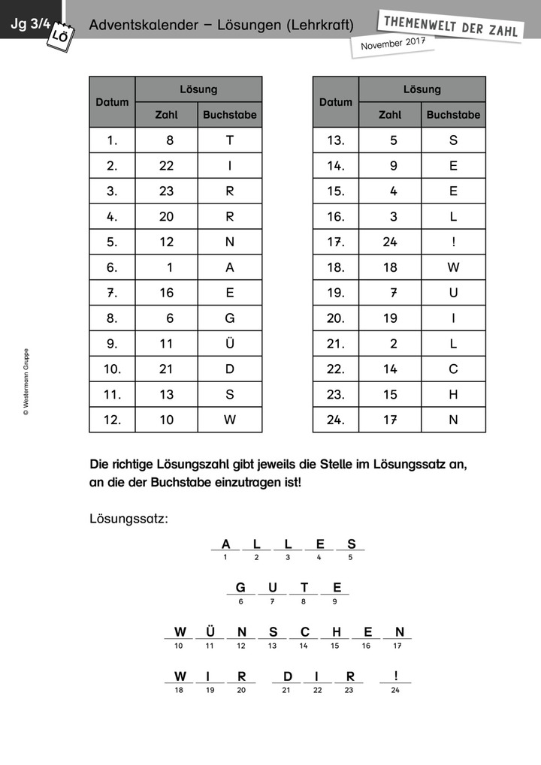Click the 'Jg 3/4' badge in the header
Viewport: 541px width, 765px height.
pyautogui.click(x=29, y=24)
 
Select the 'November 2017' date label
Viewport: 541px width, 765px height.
pyautogui.click(x=393, y=44)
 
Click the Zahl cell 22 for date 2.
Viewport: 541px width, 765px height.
pyautogui.click(x=166, y=166)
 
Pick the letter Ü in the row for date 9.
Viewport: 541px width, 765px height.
pyautogui.click(x=230, y=344)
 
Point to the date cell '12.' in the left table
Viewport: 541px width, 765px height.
pyautogui.click(x=112, y=420)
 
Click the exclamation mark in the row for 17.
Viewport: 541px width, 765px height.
pyautogui.click(x=453, y=242)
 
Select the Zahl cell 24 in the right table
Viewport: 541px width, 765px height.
pyautogui.click(x=389, y=242)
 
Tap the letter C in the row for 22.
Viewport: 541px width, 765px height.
pyautogui.click(x=453, y=369)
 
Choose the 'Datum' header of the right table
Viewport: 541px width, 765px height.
pyautogui.click(x=335, y=102)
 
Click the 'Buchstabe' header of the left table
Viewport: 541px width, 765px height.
pyautogui.click(x=230, y=115)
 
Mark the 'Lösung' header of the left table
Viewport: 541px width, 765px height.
pyautogui.click(x=198, y=89)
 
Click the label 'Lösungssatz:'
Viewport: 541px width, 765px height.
pyautogui.click(x=128, y=519)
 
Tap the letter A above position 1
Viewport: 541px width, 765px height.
pyautogui.click(x=225, y=544)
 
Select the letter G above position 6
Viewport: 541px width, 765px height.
pyautogui.click(x=240, y=588)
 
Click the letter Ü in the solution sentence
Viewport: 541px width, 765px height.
pyautogui.click(x=210, y=632)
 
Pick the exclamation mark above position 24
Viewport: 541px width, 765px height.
pyautogui.click(x=395, y=676)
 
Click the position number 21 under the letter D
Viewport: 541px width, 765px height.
pyautogui.click(x=286, y=690)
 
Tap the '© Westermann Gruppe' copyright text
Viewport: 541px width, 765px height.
pyautogui.click(x=26, y=381)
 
